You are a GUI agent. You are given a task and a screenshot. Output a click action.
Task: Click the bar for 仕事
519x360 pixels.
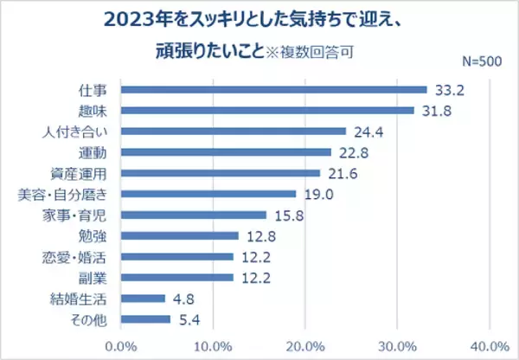pyautogui.click(x=273, y=90)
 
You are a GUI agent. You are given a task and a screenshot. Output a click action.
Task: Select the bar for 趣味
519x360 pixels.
pyautogui.click(x=267, y=111)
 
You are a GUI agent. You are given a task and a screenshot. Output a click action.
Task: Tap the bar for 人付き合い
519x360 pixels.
pyautogui.click(x=233, y=132)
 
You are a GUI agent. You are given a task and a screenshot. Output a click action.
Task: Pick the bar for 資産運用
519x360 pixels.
pyautogui.click(x=220, y=173)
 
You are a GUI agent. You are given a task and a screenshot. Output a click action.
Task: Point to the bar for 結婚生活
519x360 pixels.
pyautogui.click(x=143, y=299)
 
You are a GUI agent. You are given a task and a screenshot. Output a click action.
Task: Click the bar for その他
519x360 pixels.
pyautogui.click(x=145, y=319)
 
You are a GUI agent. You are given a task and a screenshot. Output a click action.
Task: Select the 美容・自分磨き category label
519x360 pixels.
pyautogui.click(x=74, y=194)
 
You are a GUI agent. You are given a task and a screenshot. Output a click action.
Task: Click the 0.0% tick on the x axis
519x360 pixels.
pyautogui.click(x=120, y=344)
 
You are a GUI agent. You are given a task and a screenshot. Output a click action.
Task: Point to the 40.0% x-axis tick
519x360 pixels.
pyautogui.click(x=490, y=344)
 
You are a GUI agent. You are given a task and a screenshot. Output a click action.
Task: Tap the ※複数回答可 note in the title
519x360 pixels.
pyautogui.click(x=317, y=50)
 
